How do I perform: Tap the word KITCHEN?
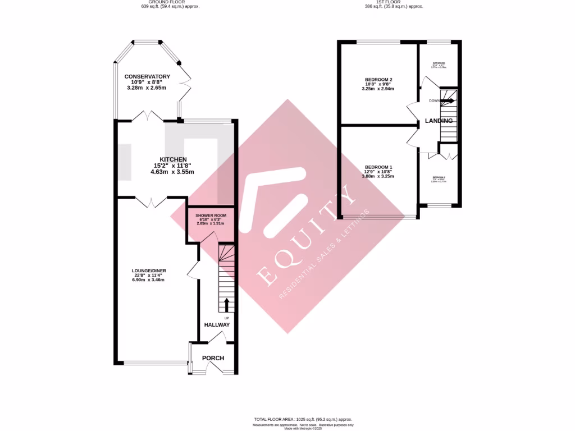pos(172,160)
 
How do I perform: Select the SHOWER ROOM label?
pos(211,216)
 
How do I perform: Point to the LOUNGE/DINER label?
pos(149,270)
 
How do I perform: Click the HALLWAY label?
pos(217,325)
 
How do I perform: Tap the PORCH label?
pos(213,358)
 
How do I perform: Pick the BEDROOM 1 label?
pos(378,167)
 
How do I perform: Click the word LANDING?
pos(439,121)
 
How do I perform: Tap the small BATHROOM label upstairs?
pos(439,63)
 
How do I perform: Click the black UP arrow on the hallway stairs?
pos(227,305)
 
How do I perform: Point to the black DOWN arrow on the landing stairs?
pos(448,101)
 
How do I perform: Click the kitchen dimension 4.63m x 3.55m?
pos(172,172)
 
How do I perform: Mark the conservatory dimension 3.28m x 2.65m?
pos(147,88)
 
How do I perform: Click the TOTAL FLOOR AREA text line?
pos(303,419)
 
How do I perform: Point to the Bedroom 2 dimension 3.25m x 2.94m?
pos(378,89)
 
